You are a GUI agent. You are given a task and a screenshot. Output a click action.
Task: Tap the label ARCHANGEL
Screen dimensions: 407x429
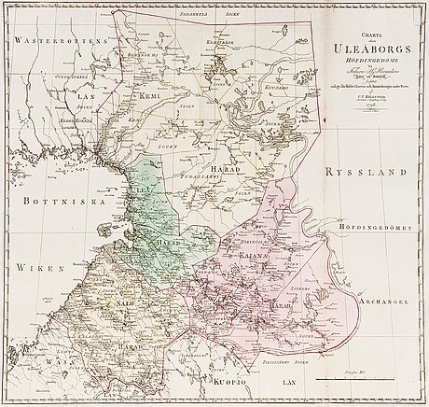click(x=381, y=302)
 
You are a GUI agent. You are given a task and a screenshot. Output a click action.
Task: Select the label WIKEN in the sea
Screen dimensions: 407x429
click(x=31, y=267)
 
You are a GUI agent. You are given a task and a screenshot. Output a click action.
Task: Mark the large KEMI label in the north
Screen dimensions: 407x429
click(x=148, y=96)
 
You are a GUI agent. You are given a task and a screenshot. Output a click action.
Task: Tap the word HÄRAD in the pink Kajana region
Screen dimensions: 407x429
click(x=282, y=304)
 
